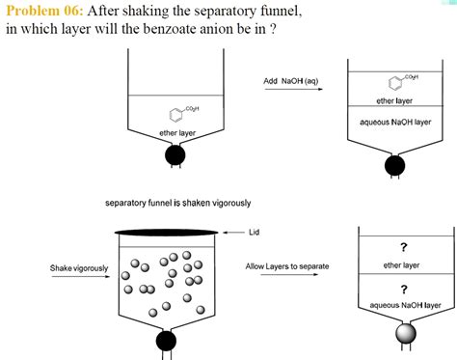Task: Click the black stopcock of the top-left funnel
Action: (175, 153)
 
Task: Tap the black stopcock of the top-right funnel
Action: (394, 165)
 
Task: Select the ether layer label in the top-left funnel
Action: (176, 132)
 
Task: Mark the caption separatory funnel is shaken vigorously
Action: (178, 203)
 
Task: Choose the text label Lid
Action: (255, 233)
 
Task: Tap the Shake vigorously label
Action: (79, 266)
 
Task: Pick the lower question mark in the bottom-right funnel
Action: (403, 288)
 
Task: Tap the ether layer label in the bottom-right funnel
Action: (401, 264)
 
